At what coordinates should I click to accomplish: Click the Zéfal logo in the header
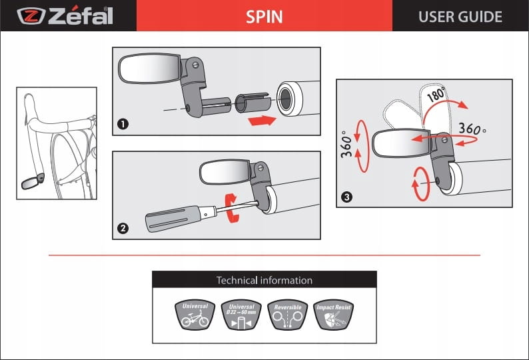coord(65,15)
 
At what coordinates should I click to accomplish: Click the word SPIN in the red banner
coord(264,16)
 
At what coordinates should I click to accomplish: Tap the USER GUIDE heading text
coord(460,16)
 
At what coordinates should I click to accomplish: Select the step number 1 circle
coord(123,123)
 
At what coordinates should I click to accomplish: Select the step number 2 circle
coord(123,228)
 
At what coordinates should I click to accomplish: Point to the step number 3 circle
coord(346,197)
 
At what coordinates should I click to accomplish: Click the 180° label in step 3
coord(436,94)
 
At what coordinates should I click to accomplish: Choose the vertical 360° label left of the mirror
coord(347,142)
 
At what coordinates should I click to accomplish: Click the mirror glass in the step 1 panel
coord(148,68)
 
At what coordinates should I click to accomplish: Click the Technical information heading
coord(264,280)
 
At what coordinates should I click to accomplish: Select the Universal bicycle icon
coord(195,315)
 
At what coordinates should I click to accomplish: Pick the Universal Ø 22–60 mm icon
coord(241,315)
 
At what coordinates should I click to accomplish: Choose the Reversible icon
coord(287,315)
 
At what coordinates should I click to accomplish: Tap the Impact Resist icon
coord(332,315)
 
